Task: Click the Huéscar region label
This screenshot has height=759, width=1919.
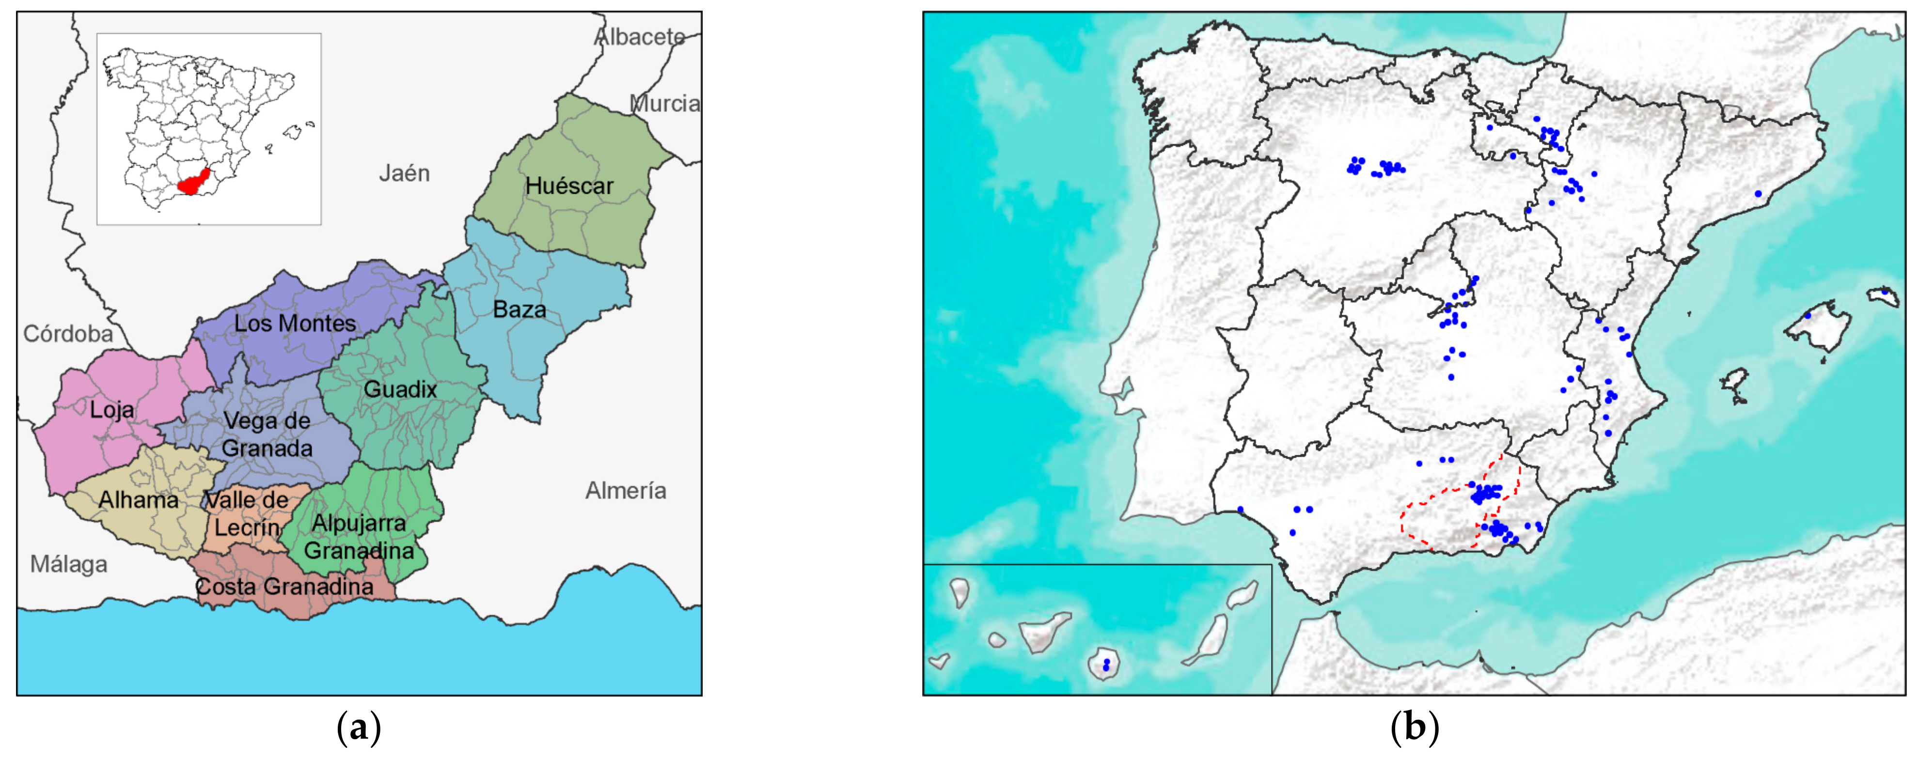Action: [x=569, y=186]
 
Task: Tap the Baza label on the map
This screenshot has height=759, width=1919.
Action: [x=519, y=309]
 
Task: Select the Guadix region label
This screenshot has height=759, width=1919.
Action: [x=400, y=389]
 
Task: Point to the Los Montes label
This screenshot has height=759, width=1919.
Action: [x=295, y=323]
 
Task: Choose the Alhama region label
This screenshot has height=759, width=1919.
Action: [x=139, y=500]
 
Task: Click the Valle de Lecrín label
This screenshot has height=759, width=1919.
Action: [x=247, y=513]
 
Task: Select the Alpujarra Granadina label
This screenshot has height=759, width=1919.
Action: [x=359, y=536]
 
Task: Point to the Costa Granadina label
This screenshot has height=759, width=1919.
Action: [x=284, y=586]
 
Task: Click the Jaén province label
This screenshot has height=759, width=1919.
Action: [x=405, y=173]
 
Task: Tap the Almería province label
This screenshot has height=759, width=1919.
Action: [x=626, y=490]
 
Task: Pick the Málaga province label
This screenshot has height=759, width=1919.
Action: [x=68, y=565]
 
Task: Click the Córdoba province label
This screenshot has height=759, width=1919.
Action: [x=68, y=334]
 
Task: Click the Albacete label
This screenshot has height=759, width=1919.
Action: [x=639, y=36]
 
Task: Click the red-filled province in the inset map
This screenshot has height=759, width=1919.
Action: [x=194, y=181]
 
